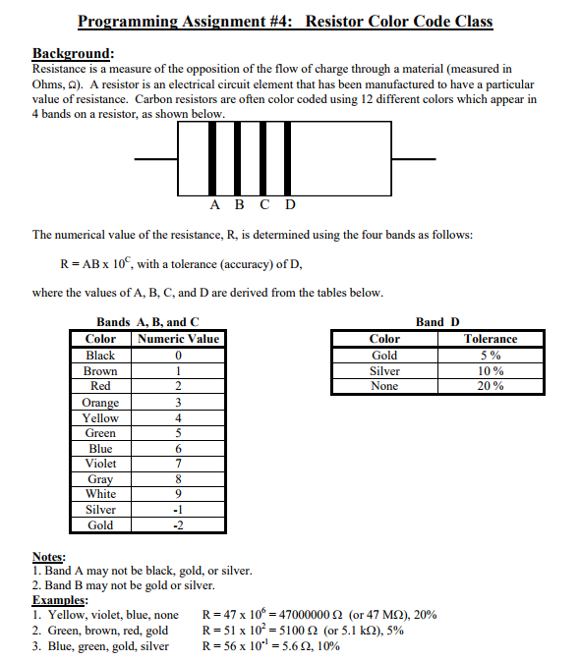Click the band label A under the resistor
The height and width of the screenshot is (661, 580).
click(215, 205)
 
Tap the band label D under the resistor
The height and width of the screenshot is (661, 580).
click(290, 205)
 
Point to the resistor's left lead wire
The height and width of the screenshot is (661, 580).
click(156, 158)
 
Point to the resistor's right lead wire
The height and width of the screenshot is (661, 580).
click(413, 158)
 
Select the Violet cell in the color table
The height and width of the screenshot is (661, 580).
click(100, 464)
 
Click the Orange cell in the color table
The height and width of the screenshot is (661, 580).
click(100, 403)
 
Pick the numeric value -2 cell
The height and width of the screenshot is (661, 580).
click(178, 525)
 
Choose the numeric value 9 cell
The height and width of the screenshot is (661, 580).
click(178, 494)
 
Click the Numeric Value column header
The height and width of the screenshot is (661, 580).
click(178, 339)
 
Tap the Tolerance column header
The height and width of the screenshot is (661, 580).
click(490, 339)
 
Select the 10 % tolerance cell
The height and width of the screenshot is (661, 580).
click(490, 371)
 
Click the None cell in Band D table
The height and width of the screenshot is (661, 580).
click(384, 386)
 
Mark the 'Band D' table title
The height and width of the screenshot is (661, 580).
click(437, 322)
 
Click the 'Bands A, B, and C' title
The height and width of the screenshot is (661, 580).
click(147, 322)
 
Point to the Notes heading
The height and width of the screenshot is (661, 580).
click(49, 556)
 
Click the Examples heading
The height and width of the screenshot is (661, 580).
click(60, 600)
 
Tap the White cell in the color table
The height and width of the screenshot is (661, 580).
click(100, 494)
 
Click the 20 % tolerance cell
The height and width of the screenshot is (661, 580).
click(490, 386)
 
